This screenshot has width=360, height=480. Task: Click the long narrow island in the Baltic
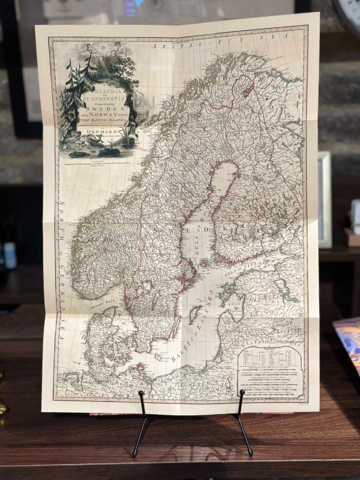pyautogui.click(x=194, y=314)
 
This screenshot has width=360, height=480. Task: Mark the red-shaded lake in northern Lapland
pyautogui.click(x=248, y=89)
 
